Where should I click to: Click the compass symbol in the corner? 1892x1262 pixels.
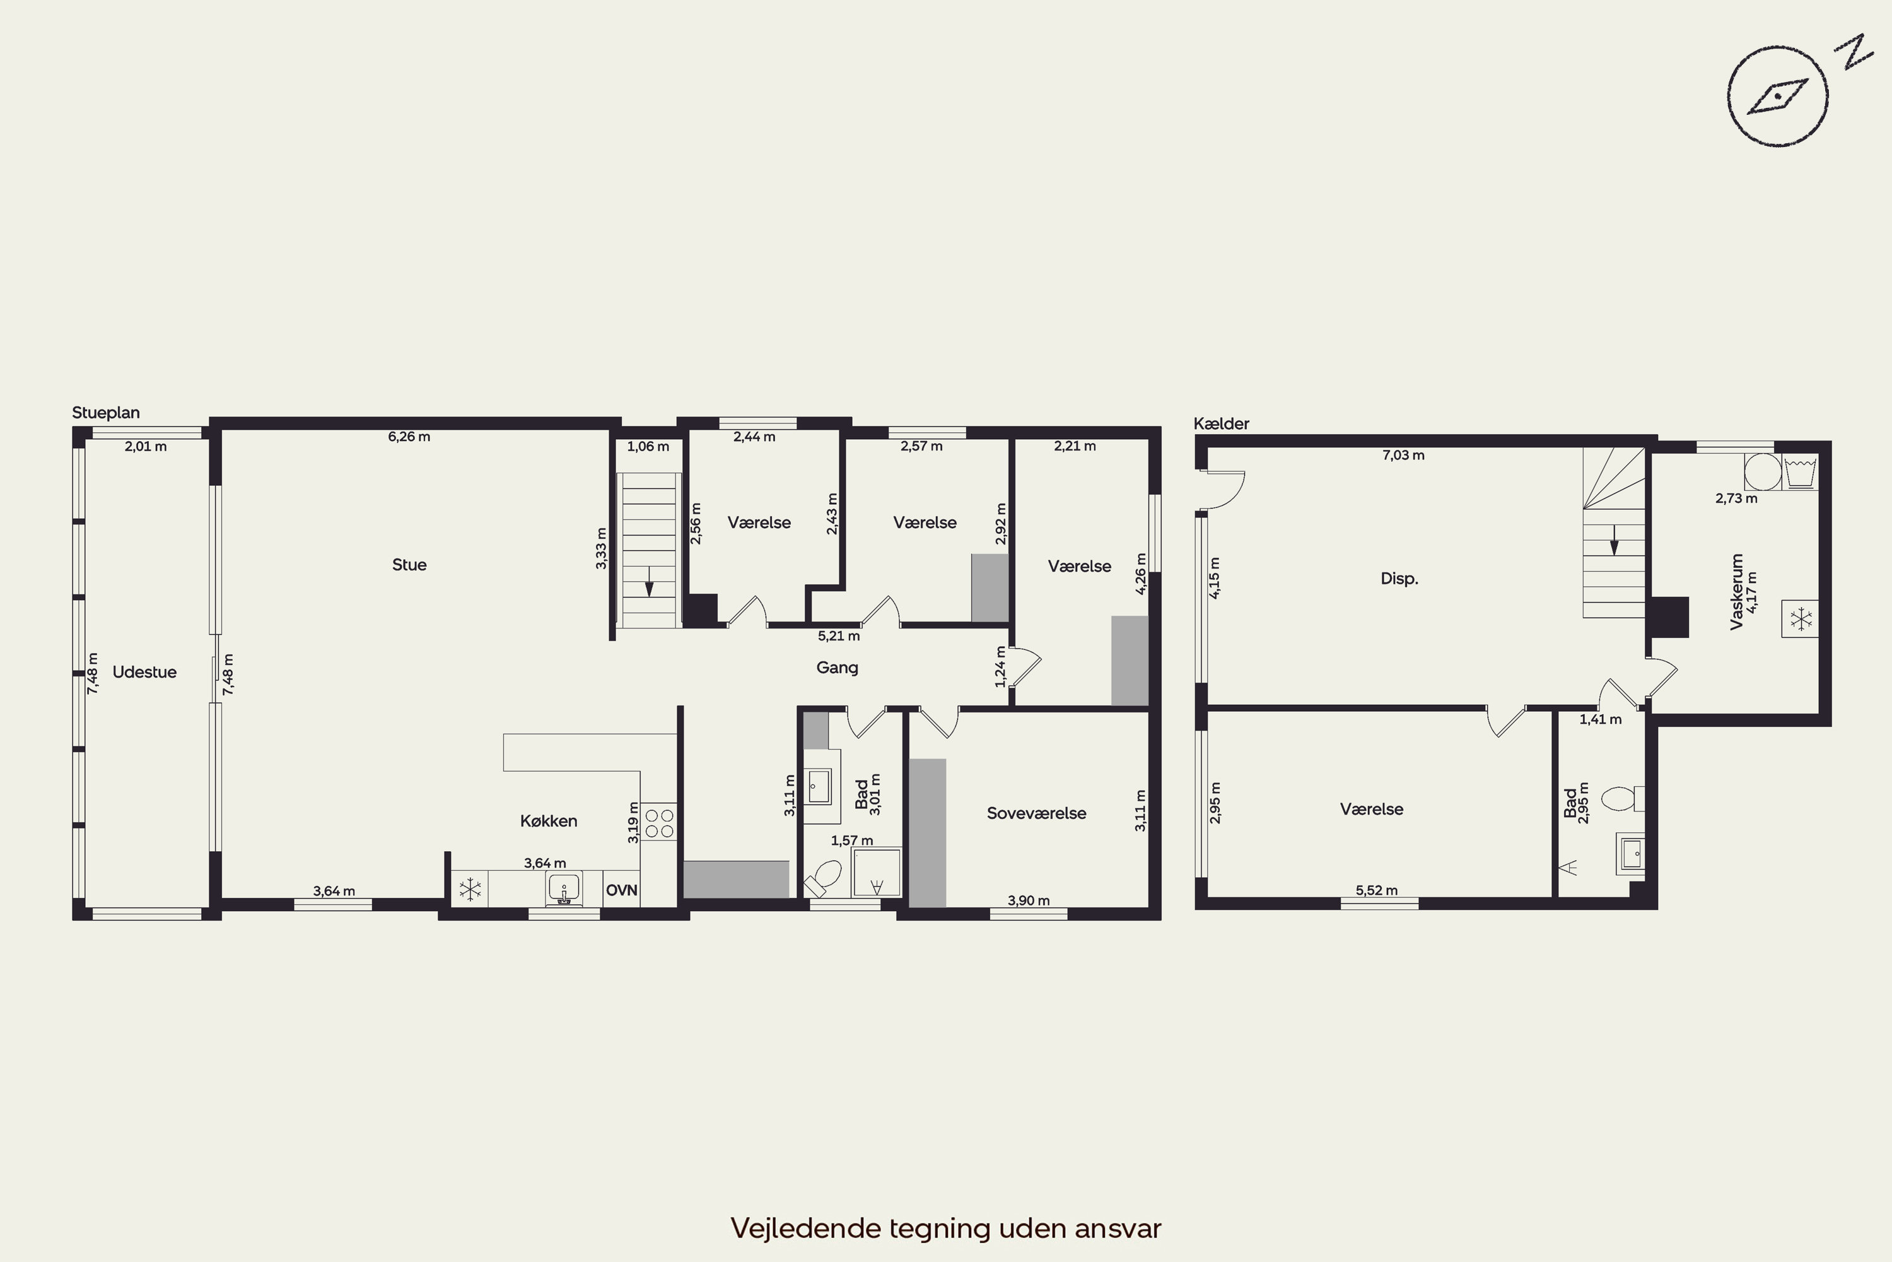pos(1778,97)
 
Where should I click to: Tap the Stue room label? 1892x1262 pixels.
pos(409,565)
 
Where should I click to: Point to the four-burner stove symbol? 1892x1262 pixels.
pos(659,822)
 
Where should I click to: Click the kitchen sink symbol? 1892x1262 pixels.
pos(564,888)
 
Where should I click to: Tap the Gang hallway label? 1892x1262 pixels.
pos(837,667)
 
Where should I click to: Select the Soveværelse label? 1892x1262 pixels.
pos(1036,813)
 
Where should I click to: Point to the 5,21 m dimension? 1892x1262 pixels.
pos(838,636)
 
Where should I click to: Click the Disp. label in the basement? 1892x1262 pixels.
pos(1399,579)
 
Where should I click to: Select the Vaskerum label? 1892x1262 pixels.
pos(1736,592)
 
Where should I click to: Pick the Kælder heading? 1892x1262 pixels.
pos(1221,423)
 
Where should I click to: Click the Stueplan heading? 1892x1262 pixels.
pos(105,413)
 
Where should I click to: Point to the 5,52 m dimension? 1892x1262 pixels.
pos(1376,890)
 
